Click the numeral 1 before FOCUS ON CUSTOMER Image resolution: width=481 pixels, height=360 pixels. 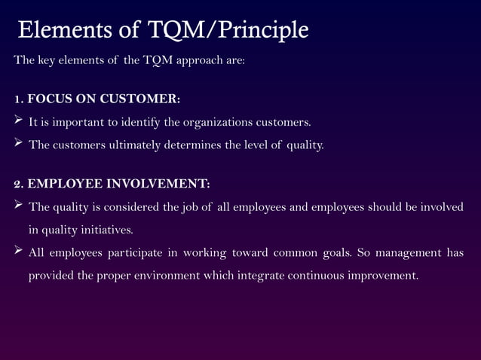coord(17,99)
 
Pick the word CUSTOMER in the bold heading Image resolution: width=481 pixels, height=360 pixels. coord(141,99)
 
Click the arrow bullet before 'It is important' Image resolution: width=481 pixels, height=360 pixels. coord(19,121)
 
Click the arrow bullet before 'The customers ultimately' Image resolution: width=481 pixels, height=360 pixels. coord(19,144)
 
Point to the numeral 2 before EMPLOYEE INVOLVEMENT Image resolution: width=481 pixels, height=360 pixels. coord(17,183)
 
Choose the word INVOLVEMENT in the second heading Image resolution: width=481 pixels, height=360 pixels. coord(157,183)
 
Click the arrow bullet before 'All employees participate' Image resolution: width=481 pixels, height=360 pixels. coord(19,252)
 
